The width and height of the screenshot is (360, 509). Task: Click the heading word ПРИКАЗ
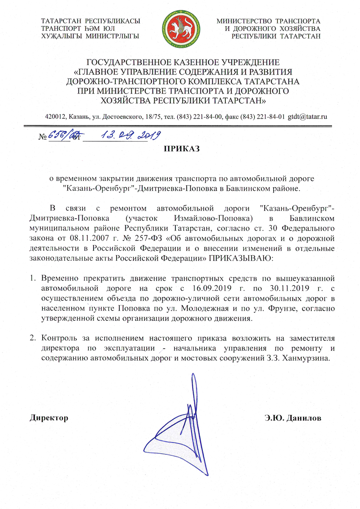coord(180,149)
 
